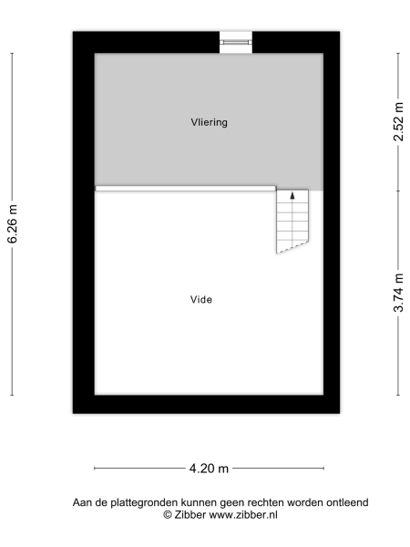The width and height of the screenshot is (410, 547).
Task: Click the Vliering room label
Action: [x=209, y=121]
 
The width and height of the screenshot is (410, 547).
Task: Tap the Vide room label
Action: [x=201, y=298]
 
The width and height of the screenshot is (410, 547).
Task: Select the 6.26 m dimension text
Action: [x=13, y=223]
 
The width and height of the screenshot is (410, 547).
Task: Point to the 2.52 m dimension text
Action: [x=398, y=120]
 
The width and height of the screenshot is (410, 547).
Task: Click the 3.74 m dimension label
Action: [x=398, y=293]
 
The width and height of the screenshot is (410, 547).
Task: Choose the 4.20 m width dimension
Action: [x=209, y=469]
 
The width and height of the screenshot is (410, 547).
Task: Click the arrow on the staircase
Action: [x=292, y=195]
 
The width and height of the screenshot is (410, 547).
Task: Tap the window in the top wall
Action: [x=236, y=40]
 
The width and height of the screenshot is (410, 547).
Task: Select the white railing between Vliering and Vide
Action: [x=186, y=189]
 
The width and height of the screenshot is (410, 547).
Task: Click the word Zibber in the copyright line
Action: [x=190, y=514]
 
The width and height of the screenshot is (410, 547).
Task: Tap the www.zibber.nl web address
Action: [x=243, y=514]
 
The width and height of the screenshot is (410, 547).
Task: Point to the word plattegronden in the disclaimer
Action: [x=149, y=502]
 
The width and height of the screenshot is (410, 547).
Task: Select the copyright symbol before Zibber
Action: [x=167, y=514]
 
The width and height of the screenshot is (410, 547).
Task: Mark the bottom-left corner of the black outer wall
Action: [x=76, y=411]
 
